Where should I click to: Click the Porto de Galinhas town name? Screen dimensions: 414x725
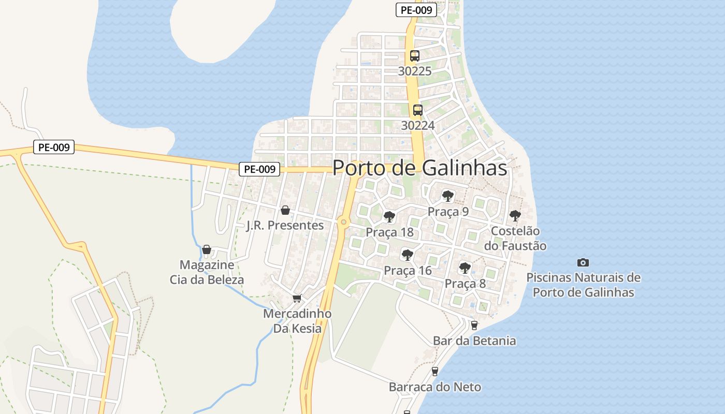[x=419, y=168]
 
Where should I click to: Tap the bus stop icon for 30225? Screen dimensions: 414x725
[x=414, y=56]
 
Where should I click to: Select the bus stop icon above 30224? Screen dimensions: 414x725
[x=417, y=110]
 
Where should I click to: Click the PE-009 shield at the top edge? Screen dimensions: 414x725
[x=416, y=9]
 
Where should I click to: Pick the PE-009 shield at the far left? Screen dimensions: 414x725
[x=54, y=147]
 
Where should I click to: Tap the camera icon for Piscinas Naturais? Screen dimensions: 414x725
[x=583, y=262]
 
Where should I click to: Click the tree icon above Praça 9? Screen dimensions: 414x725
[x=448, y=196]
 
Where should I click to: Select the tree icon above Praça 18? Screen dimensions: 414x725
[x=389, y=217]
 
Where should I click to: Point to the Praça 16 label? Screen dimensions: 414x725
[x=408, y=270]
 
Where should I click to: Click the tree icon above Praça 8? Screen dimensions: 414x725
[x=465, y=268]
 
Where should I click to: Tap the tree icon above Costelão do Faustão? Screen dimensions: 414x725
[x=515, y=215]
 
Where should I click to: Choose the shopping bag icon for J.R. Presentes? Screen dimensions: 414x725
[x=285, y=210]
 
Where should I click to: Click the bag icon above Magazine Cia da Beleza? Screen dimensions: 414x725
[x=207, y=250]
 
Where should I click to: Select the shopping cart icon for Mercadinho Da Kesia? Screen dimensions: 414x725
[x=297, y=299]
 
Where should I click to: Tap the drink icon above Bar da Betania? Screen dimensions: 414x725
[x=474, y=326]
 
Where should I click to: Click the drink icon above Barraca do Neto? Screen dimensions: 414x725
[x=434, y=372]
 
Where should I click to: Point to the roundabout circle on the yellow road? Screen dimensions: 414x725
[x=343, y=223]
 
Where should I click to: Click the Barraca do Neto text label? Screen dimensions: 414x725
[x=435, y=387]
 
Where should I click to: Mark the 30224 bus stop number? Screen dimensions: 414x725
[x=417, y=125]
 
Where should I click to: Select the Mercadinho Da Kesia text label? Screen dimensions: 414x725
[x=297, y=321]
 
